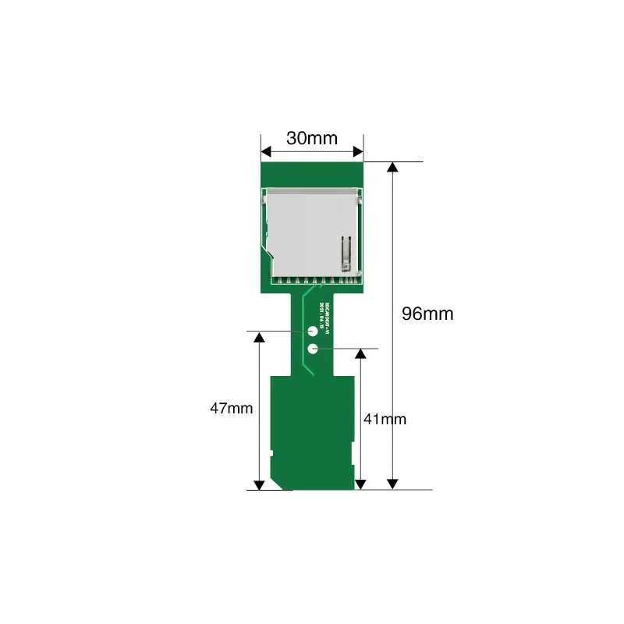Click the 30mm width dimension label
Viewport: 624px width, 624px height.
(311, 139)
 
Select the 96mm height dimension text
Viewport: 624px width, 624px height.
(427, 314)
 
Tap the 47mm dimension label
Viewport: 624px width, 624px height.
(231, 408)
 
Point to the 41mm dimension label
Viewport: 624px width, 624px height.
(385, 419)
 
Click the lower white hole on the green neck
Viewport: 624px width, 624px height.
(312, 349)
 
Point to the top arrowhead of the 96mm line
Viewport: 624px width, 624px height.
(393, 167)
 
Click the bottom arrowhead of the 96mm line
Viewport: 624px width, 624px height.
(393, 484)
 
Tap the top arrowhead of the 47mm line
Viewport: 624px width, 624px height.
(259, 336)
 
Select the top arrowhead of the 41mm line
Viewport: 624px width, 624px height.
(360, 353)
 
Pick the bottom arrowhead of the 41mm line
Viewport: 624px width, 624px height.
(360, 484)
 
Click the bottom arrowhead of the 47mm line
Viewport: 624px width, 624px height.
(259, 484)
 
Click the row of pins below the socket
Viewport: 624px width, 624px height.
(312, 280)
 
